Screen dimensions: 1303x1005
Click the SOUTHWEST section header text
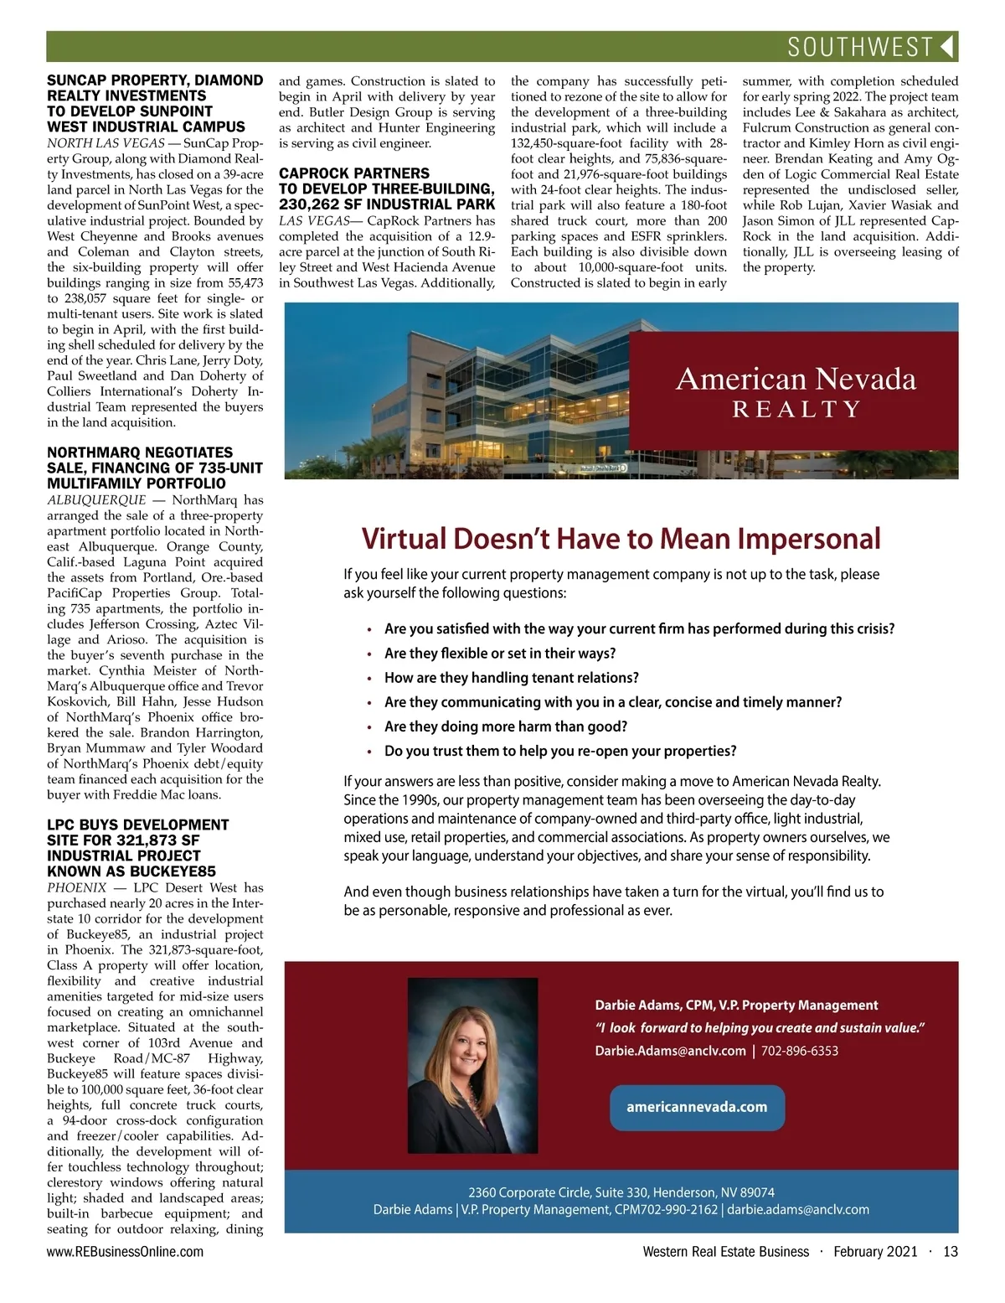[860, 47]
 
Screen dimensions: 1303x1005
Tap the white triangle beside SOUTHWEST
[947, 47]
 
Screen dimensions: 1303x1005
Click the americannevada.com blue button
[697, 1107]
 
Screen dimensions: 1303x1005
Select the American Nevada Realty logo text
[796, 391]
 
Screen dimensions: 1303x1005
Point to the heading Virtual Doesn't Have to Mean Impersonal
[621, 538]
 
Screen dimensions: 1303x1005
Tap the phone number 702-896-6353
[800, 1051]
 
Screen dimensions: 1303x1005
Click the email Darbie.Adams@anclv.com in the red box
[670, 1051]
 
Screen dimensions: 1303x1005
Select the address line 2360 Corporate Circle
[621, 1192]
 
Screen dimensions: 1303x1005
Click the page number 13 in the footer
[950, 1252]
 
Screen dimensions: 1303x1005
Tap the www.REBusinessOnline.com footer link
[125, 1252]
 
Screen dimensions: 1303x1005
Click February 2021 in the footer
[875, 1252]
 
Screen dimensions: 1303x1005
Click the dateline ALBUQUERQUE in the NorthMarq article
[96, 500]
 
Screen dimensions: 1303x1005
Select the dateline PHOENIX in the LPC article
[76, 887]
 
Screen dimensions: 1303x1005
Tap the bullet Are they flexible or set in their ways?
[500, 653]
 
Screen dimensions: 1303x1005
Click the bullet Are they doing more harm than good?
[506, 726]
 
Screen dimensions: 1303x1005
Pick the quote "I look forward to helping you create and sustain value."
[760, 1028]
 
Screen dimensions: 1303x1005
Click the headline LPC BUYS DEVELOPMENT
[137, 825]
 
